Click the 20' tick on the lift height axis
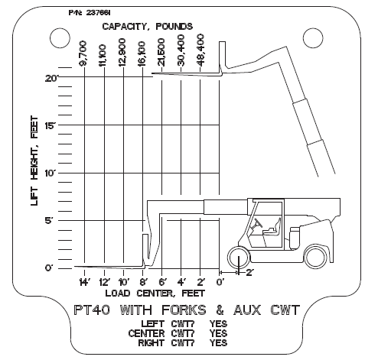coord(52,77)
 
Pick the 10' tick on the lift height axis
coord(51,172)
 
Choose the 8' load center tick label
coord(142,282)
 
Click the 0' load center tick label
coord(220,282)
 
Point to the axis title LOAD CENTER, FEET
coord(149,293)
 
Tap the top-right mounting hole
coord(311,37)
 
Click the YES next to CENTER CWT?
coord(218,333)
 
